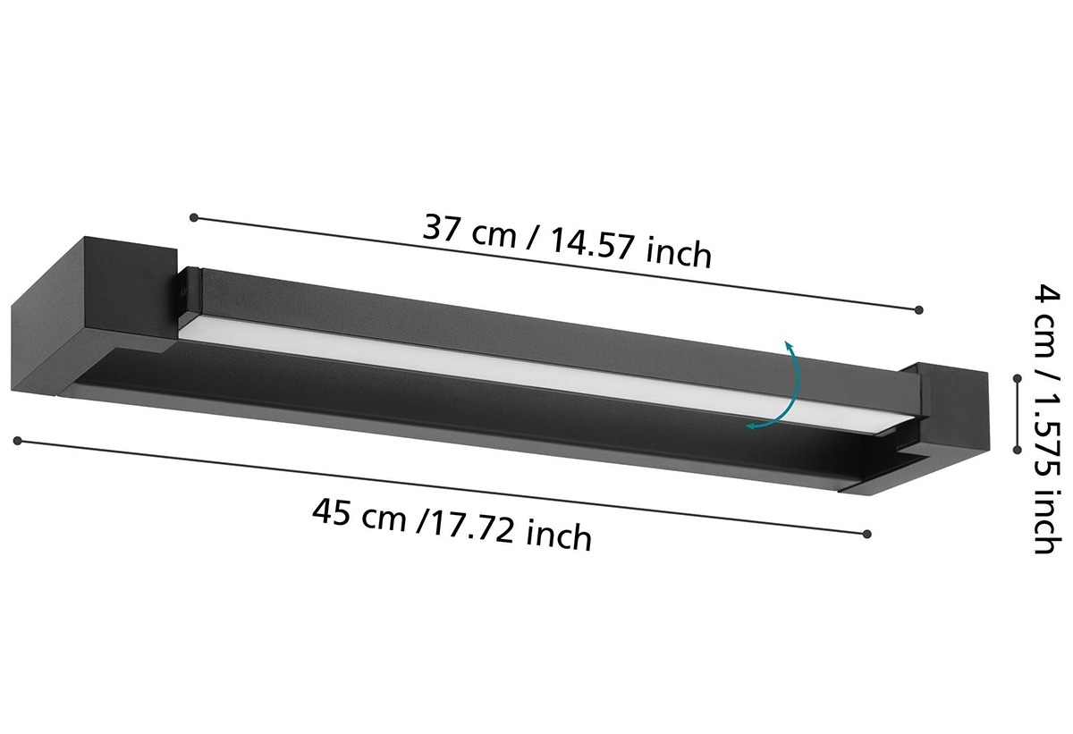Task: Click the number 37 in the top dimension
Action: (440, 227)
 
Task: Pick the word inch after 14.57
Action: (678, 253)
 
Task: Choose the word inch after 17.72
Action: (558, 536)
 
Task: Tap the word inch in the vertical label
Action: (1044, 522)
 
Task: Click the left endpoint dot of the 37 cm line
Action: (194, 218)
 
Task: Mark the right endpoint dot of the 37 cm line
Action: (919, 310)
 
